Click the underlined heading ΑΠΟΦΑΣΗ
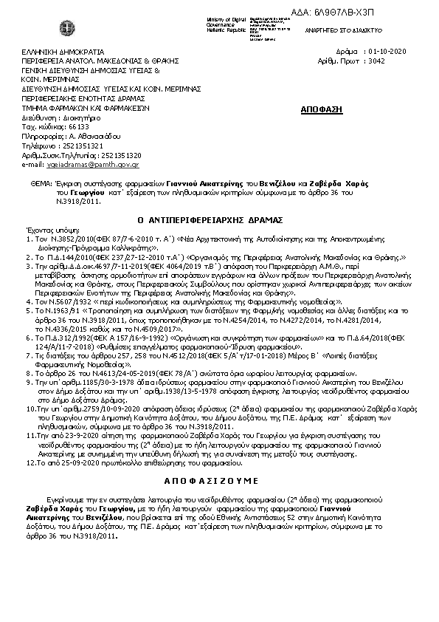[322, 109]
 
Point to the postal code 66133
[68, 127]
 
